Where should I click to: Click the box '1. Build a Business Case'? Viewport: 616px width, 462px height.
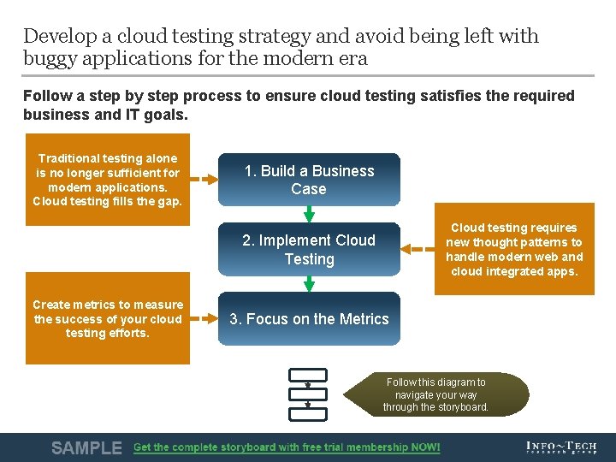[x=309, y=180]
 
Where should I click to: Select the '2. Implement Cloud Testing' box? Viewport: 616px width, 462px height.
[x=309, y=249]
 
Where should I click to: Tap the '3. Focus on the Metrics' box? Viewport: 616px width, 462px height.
[x=309, y=319]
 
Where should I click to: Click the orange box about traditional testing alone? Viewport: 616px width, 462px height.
[x=107, y=180]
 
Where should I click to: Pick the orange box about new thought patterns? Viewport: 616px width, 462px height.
[x=514, y=249]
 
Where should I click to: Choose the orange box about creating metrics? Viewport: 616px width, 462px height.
[x=107, y=318]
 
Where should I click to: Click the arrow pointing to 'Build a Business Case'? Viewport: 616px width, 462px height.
[x=204, y=180]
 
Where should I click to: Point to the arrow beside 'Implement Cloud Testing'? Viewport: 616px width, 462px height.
[x=418, y=249]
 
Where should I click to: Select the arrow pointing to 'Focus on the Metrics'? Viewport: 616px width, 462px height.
[x=204, y=319]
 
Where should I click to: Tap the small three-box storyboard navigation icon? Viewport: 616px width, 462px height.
[x=308, y=394]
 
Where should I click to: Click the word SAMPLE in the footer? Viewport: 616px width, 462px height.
[x=86, y=447]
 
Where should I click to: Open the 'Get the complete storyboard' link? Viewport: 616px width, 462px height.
[x=287, y=447]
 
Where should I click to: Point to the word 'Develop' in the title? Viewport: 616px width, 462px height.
[x=57, y=37]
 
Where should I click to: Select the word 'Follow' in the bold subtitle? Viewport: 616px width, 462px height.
[x=46, y=96]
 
